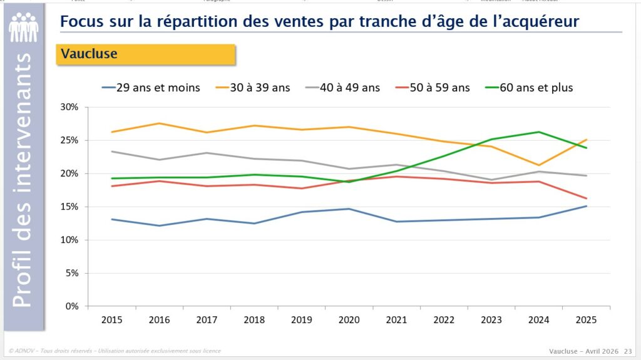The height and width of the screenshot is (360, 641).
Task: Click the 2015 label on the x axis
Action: pos(111,319)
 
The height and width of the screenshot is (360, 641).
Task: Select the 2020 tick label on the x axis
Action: pos(349,319)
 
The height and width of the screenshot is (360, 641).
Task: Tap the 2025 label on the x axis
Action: pos(586,319)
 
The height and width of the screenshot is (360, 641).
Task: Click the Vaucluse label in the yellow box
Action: pos(89,54)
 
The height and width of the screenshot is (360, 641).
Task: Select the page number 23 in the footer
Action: pos(627,351)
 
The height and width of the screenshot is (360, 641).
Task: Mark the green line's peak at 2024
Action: pos(539,131)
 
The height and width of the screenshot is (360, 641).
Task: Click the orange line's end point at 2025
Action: pos(586,140)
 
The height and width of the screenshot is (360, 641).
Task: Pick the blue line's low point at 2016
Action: pos(159,225)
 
